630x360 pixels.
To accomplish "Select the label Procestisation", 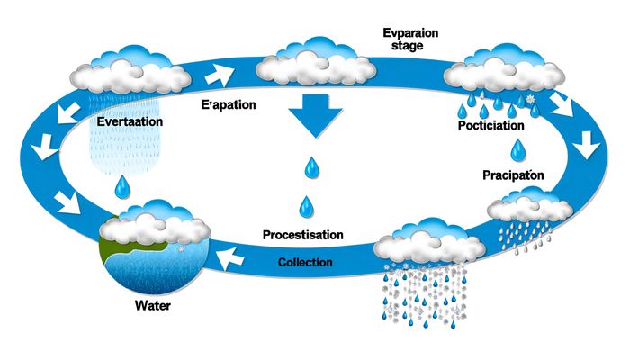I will click(303, 235).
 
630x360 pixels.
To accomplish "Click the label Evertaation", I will click(130, 120).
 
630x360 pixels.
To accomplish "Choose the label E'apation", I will click(228, 104).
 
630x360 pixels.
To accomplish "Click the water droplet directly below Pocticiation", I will click(517, 148).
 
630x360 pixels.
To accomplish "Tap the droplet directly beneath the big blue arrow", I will click(311, 166).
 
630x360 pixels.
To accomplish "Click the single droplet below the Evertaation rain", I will click(123, 186).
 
